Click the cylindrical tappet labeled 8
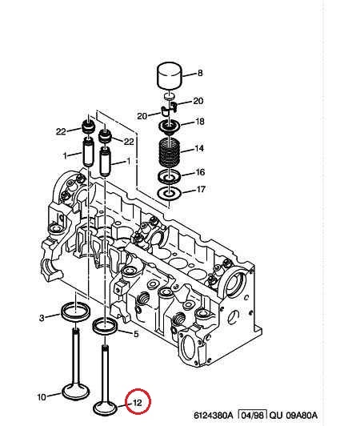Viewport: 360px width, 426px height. tap(170, 76)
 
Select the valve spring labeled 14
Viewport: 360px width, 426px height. tap(169, 152)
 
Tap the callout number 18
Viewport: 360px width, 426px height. tap(200, 121)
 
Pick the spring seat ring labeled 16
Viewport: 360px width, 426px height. tap(170, 176)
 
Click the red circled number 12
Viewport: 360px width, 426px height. tap(138, 402)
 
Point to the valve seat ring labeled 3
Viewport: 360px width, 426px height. tap(76, 311)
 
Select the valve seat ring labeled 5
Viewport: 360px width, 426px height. tap(105, 326)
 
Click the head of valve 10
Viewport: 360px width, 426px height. tap(76, 392)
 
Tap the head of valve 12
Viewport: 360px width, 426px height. tap(106, 409)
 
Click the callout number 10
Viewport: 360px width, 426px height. tap(42, 397)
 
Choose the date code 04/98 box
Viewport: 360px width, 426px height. tap(253, 415)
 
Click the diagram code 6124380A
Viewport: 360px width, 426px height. tap(214, 416)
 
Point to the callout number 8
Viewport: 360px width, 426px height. tap(200, 73)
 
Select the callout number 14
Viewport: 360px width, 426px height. tap(199, 148)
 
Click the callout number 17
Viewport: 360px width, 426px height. tap(200, 189)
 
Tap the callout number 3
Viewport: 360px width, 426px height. tap(42, 318)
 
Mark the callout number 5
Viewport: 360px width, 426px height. tap(136, 334)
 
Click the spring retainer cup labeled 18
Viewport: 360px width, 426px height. tap(169, 127)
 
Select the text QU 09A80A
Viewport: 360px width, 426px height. tap(294, 416)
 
